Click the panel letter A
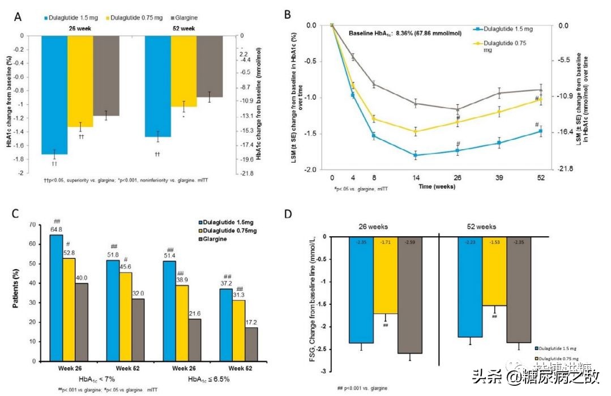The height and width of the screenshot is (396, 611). [19, 17]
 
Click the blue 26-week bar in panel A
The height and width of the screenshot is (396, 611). [55, 95]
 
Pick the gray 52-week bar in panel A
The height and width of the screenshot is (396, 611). [210, 66]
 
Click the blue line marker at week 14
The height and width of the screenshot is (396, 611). [416, 155]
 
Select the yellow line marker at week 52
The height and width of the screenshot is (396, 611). [540, 99]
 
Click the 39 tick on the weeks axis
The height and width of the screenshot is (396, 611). [499, 177]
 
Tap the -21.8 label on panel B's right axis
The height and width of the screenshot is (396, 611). [567, 169]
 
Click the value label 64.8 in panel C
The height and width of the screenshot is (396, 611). [56, 229]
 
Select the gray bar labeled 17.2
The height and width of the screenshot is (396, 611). [250, 344]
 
